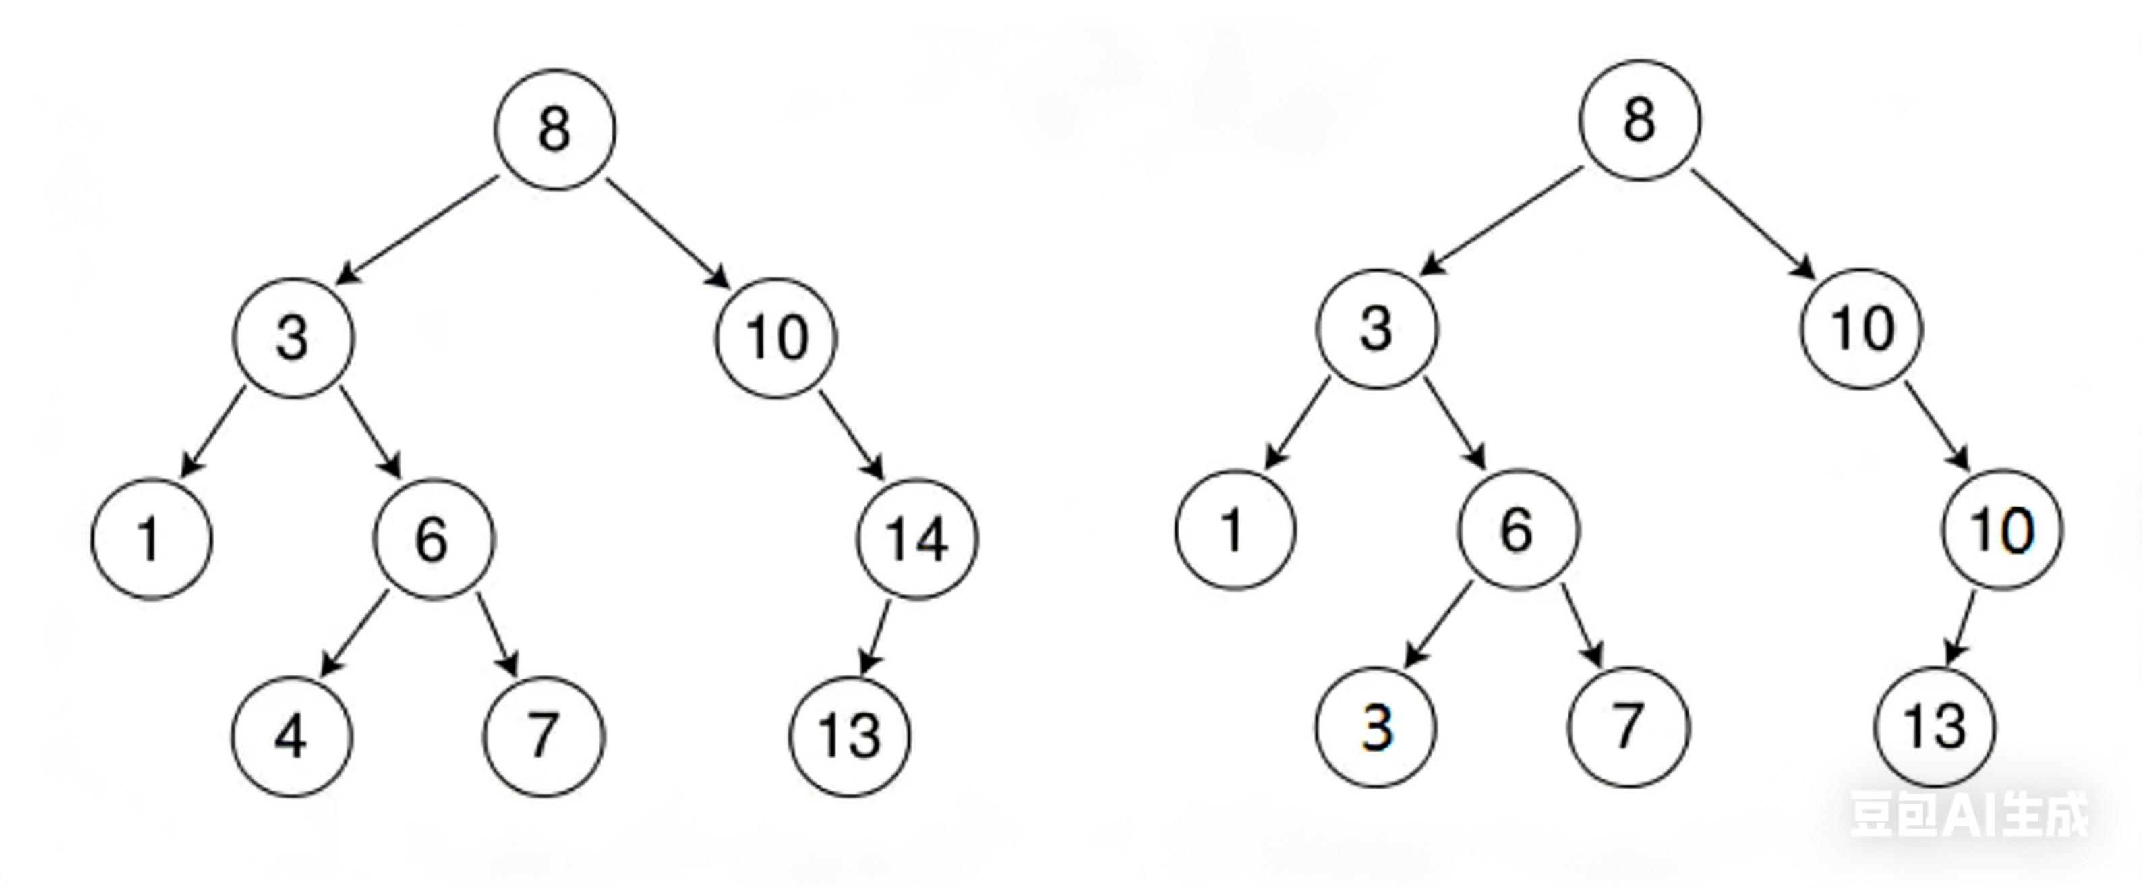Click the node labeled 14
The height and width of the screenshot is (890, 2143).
(x=918, y=538)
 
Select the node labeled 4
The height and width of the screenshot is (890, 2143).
(x=292, y=736)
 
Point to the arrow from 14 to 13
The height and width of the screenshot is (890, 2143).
(x=875, y=636)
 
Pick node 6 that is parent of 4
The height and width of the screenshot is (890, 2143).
(x=434, y=538)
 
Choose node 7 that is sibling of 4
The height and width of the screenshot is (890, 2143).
(x=544, y=736)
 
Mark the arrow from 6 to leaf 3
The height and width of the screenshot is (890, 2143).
(x=1438, y=624)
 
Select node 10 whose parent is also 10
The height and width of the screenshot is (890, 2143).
(x=2003, y=530)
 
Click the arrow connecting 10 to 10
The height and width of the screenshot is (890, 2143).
(x=1937, y=426)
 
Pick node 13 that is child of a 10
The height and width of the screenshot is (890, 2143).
(x=1934, y=727)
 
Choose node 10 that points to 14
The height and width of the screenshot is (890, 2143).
(x=776, y=338)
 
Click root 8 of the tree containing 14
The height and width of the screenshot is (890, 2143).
(x=555, y=130)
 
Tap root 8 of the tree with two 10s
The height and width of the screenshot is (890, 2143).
(x=1640, y=121)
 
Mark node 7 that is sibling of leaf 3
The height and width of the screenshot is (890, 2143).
(x=1628, y=727)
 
